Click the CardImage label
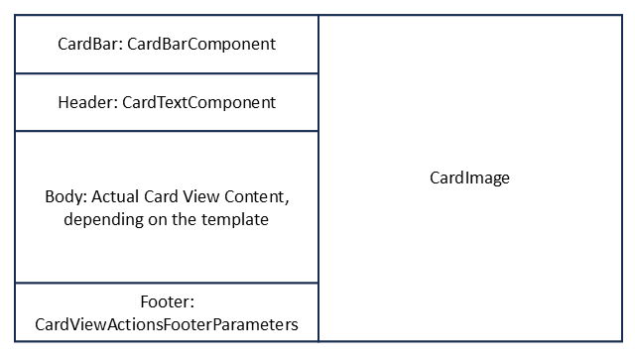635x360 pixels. (x=469, y=179)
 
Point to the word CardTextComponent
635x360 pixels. (x=199, y=102)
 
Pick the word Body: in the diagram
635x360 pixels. (x=65, y=196)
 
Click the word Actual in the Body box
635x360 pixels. (x=115, y=196)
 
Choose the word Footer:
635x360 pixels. (x=167, y=301)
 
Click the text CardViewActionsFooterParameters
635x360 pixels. (x=167, y=324)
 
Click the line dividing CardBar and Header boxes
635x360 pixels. (x=167, y=73)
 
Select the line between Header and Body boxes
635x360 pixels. (x=167, y=131)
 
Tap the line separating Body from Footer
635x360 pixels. (x=167, y=283)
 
